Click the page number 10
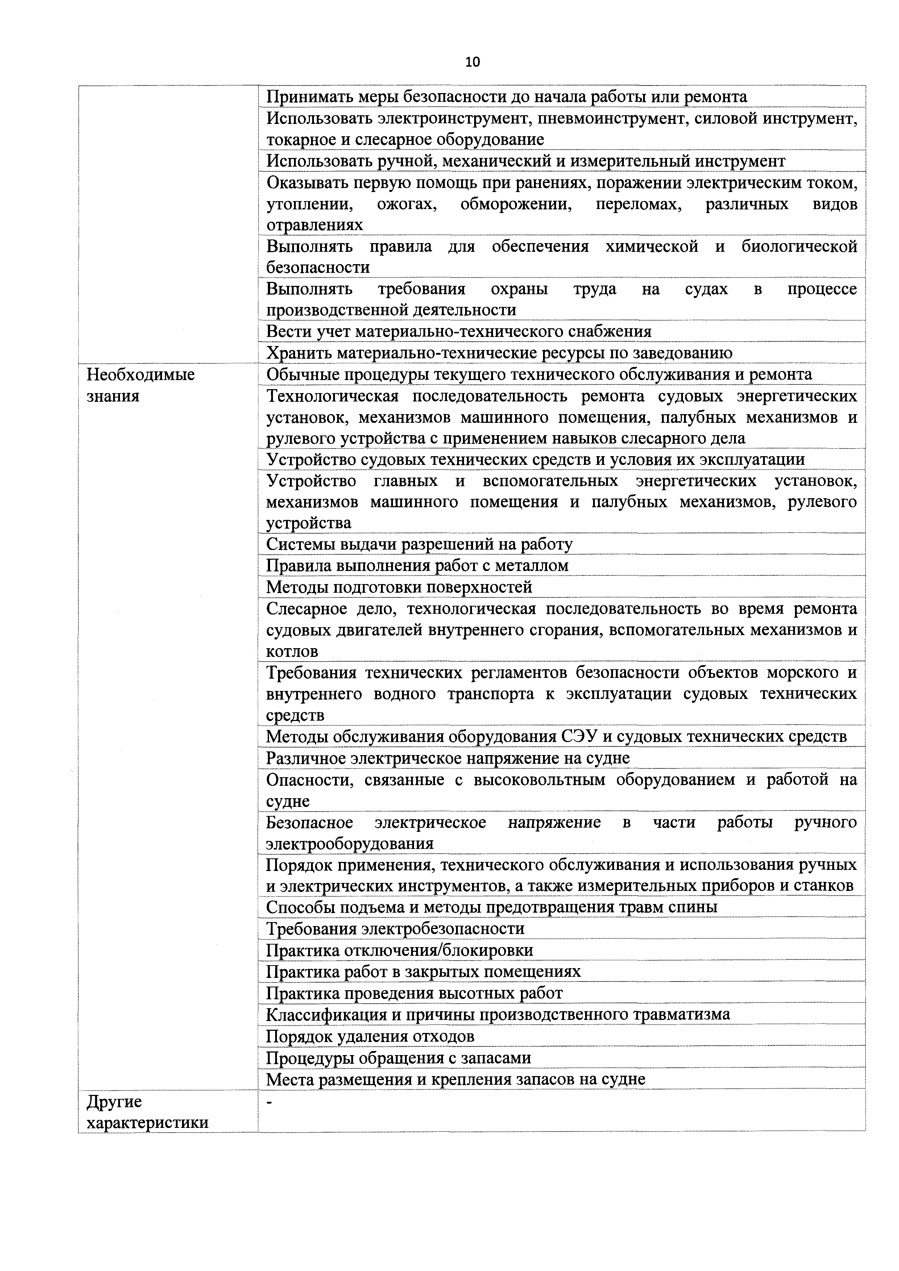click(472, 62)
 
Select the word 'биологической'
click(799, 247)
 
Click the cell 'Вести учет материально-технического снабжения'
click(459, 332)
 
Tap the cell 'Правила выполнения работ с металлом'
click(417, 566)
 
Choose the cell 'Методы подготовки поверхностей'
click(399, 587)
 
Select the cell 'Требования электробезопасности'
click(395, 928)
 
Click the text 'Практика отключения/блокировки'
click(399, 950)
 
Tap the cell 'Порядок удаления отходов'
click(370, 1036)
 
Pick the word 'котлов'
click(292, 651)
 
